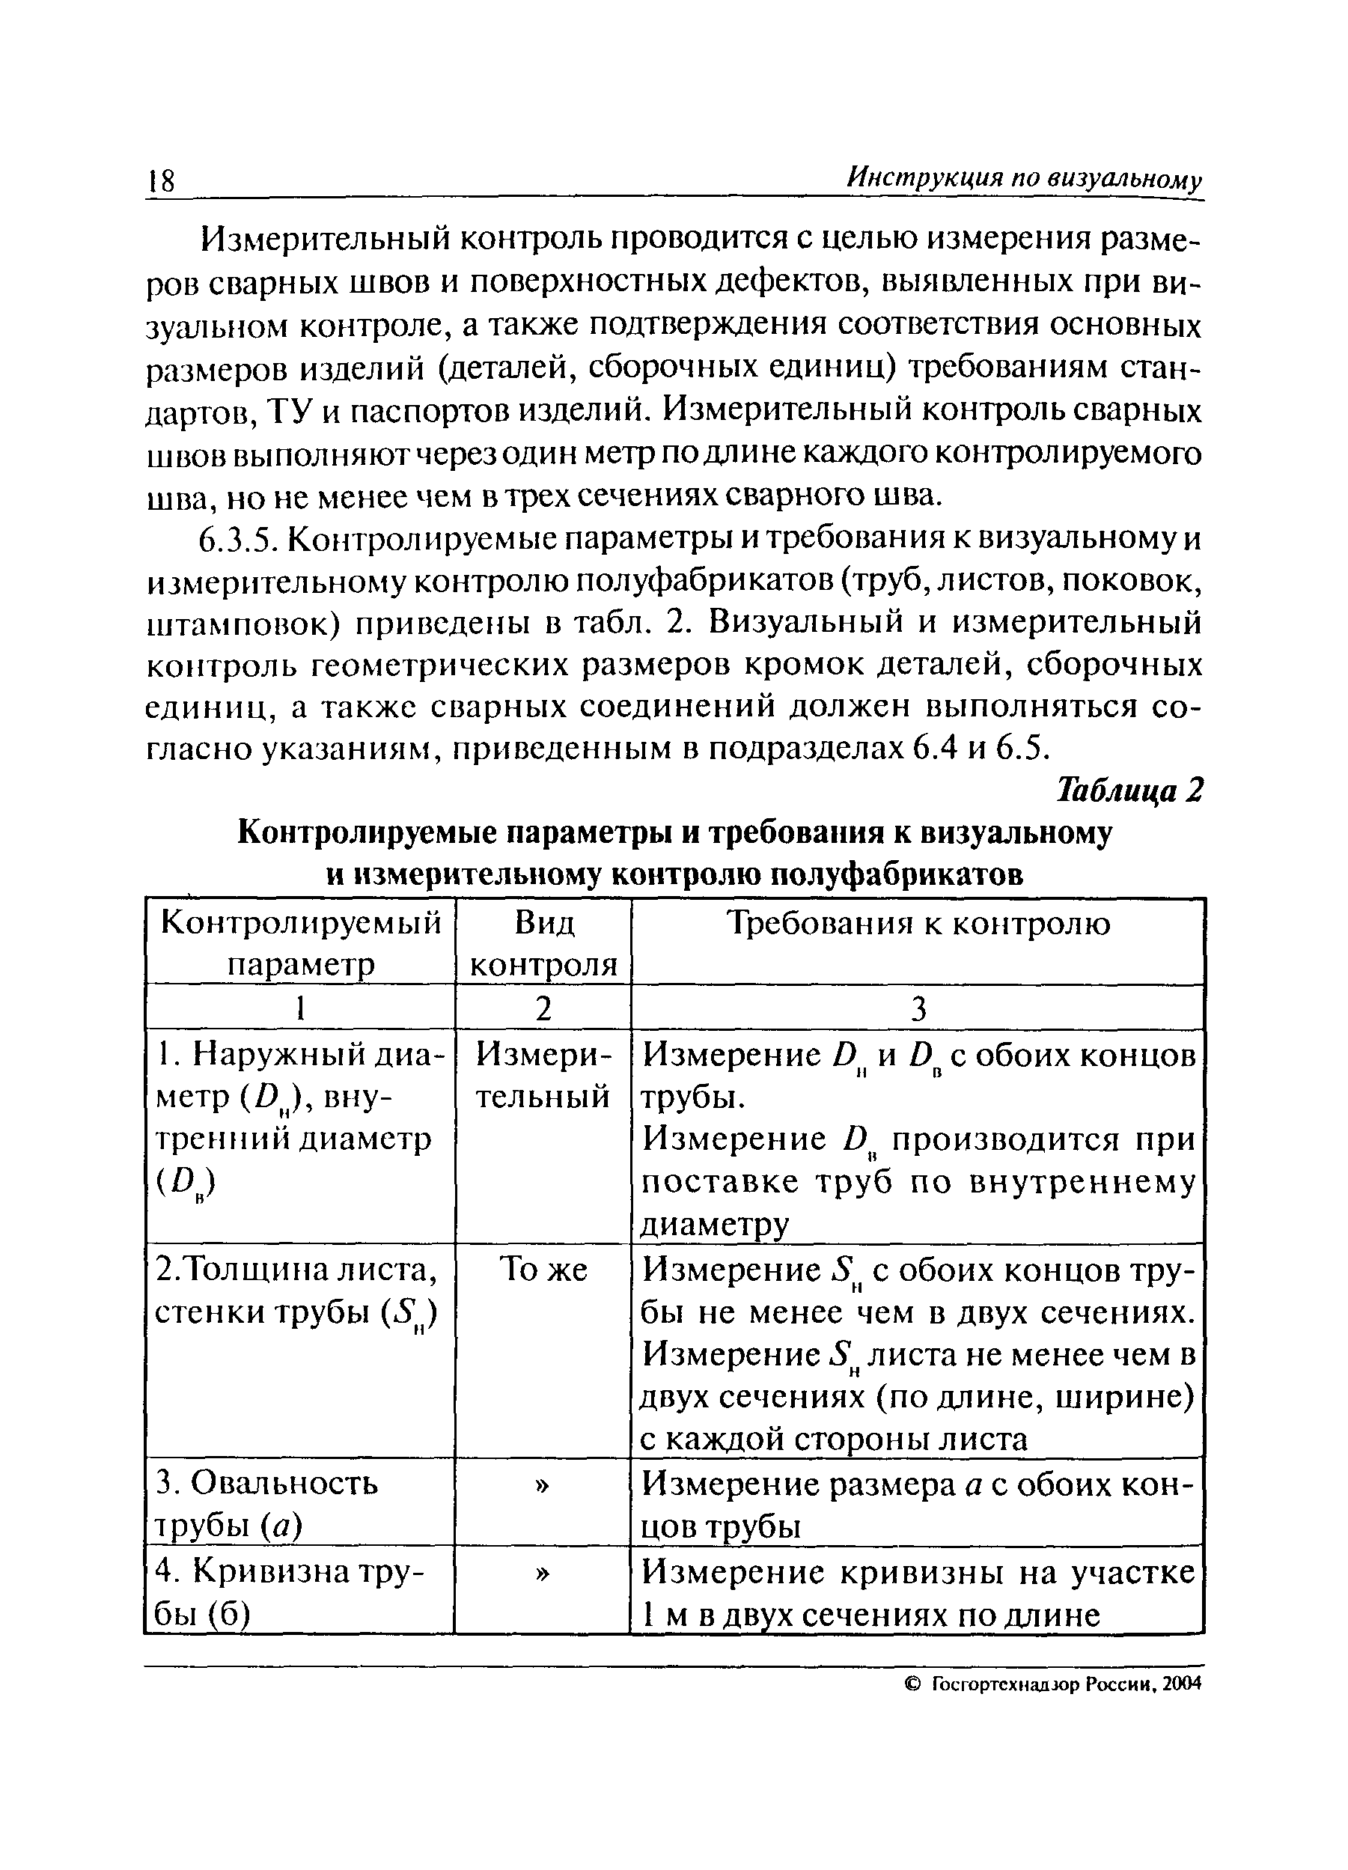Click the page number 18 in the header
click(x=162, y=180)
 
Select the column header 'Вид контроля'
click(x=543, y=944)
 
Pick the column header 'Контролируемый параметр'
click(x=301, y=944)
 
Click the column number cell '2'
click(x=543, y=1008)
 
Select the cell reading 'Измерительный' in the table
click(x=543, y=1076)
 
